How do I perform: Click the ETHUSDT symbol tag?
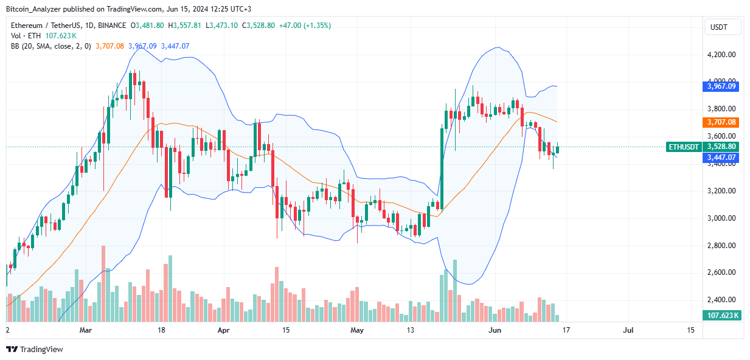point(684,147)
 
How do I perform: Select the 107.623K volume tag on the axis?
point(723,315)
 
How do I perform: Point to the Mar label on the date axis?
point(86,330)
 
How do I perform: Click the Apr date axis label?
point(224,330)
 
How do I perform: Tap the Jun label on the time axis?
point(495,330)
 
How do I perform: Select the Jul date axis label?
point(628,330)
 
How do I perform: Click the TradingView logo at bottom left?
point(34,349)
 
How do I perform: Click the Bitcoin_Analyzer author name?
point(33,9)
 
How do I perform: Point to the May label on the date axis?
point(357,330)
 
